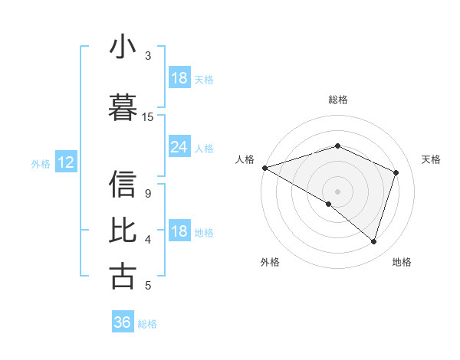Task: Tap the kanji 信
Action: (123, 184)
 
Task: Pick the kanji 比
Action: (123, 229)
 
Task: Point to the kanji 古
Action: (123, 275)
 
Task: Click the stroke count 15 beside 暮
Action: (148, 116)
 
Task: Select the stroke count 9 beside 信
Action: (147, 193)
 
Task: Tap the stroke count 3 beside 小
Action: (148, 56)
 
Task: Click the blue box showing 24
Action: (179, 148)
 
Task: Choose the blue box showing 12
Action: (65, 162)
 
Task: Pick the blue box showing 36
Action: (122, 322)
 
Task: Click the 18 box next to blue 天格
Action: (179, 78)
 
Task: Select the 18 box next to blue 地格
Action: (179, 232)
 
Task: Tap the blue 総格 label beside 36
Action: (147, 323)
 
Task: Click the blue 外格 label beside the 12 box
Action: (40, 163)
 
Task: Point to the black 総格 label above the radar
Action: (337, 100)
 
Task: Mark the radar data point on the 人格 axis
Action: (264, 168)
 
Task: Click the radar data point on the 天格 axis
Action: (396, 172)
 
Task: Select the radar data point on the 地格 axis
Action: (373, 242)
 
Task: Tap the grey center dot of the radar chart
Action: (337, 191)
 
